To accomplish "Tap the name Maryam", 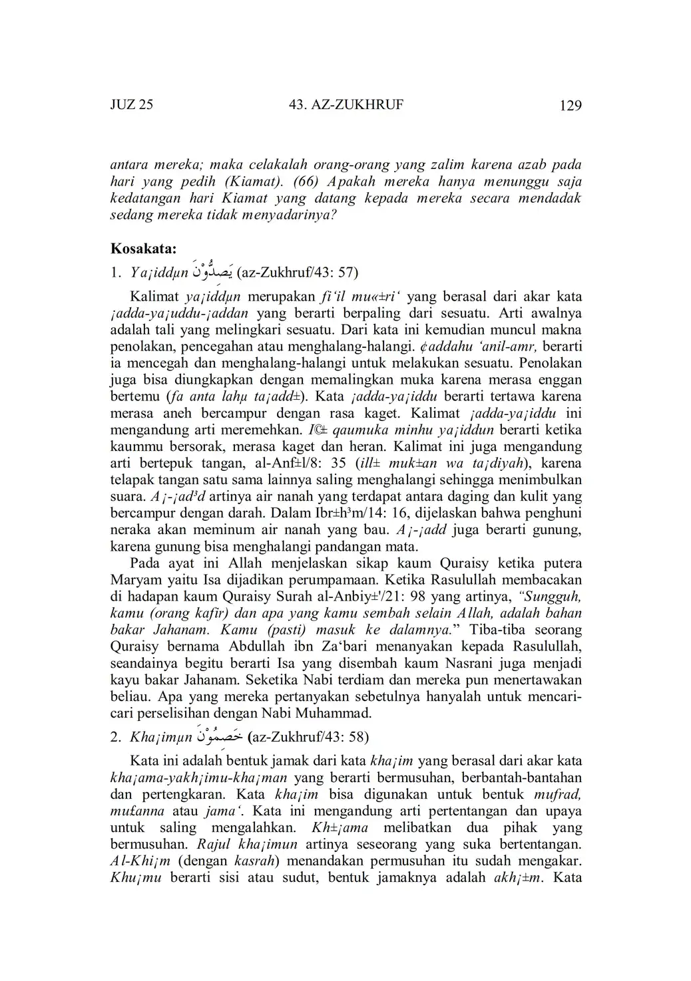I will pos(136,580).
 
